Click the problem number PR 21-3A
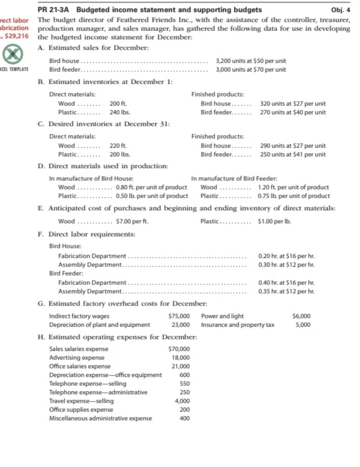pos(55,10)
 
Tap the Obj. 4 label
pos(340,10)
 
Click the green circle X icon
pos(12,54)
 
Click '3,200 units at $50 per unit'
pos(251,61)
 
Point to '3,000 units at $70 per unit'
pos(251,70)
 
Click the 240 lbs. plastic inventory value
pos(120,112)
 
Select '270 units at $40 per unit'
pos(293,112)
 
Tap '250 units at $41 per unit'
pos(293,155)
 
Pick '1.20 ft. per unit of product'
pos(293,187)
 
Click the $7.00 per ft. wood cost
pos(132,221)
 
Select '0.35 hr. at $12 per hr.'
pos(286,291)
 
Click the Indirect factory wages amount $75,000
pos(179,316)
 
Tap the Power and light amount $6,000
pos(301,316)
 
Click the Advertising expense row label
pos(77,358)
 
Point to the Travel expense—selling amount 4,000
pos(182,401)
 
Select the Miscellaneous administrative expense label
pos(100,418)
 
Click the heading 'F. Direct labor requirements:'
pos(86,234)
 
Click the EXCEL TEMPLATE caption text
pos(14,69)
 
